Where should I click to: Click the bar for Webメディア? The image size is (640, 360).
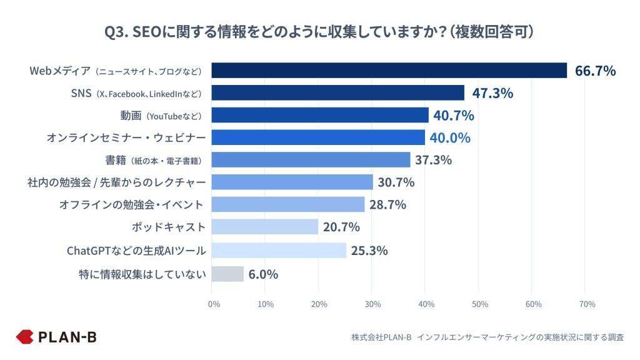click(389, 71)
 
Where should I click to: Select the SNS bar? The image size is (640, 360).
click(337, 93)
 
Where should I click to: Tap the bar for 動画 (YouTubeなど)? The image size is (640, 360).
click(320, 115)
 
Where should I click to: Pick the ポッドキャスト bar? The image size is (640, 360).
click(265, 227)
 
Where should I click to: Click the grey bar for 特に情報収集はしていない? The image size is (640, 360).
click(227, 274)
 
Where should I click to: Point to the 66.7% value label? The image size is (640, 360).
click(595, 71)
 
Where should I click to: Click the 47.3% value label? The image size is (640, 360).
click(492, 93)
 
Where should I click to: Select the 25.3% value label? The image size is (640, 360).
click(369, 251)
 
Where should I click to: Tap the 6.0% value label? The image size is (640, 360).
click(262, 274)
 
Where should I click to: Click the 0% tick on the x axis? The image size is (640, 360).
click(214, 304)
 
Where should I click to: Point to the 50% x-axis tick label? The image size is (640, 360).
click(479, 304)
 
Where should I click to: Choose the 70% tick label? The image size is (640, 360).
click(587, 304)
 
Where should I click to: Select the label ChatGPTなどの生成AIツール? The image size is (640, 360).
click(136, 251)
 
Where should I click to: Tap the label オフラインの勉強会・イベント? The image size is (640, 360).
click(132, 204)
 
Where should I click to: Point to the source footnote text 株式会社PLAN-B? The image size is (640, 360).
click(381, 337)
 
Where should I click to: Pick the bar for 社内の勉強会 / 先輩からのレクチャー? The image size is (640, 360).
click(292, 182)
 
